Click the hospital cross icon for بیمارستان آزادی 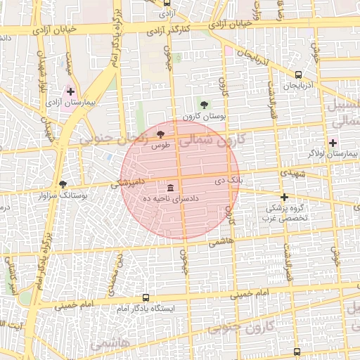[x=70, y=91]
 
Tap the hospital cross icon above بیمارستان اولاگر [x=333, y=143]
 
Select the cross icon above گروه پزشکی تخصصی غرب [x=284, y=197]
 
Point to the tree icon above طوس [x=160, y=134]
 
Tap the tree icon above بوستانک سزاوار [x=63, y=184]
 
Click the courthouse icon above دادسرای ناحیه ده [x=171, y=188]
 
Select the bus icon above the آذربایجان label [x=298, y=75]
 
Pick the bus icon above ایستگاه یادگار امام [x=146, y=297]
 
